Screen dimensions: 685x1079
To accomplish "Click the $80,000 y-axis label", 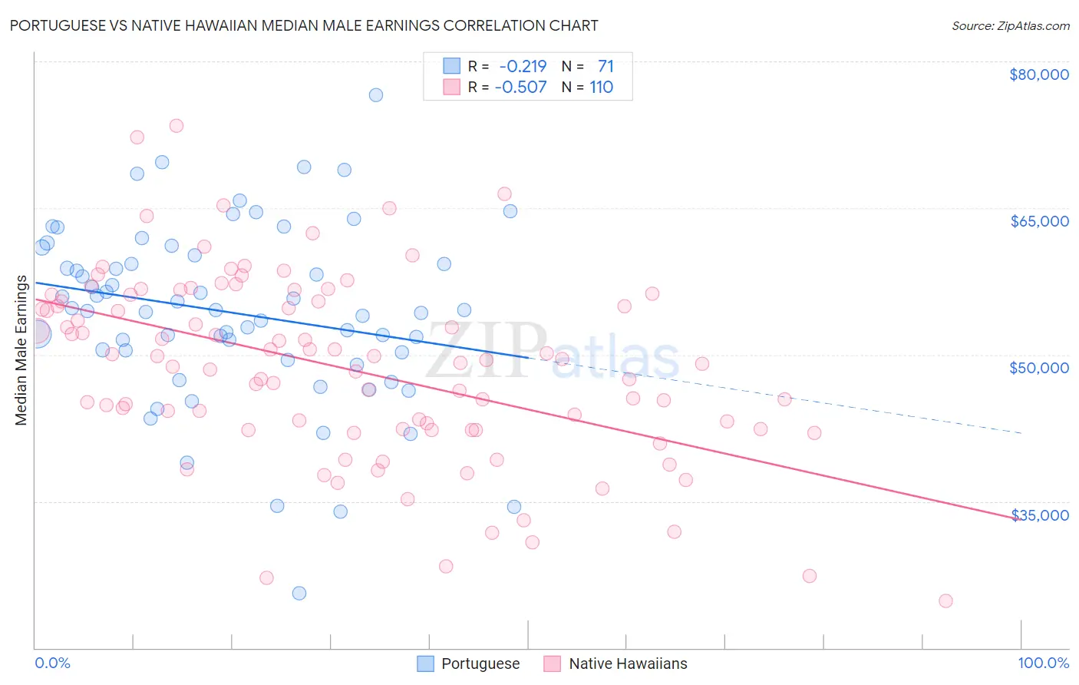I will tap(1038, 74).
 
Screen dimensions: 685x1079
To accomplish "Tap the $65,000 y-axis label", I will tap(1038, 221).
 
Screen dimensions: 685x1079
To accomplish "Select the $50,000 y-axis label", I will tap(1038, 368).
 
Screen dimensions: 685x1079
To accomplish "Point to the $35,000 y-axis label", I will tap(1038, 515).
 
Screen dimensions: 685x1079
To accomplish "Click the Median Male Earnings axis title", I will tap(21, 350).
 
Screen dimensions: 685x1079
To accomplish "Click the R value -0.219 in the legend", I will tap(522, 66).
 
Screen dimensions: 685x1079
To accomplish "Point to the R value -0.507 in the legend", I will tap(520, 88).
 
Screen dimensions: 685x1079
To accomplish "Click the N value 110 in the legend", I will tap(601, 88).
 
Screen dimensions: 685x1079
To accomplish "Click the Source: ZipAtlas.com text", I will tap(1010, 26).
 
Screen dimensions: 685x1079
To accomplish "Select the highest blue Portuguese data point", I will tap(376, 95).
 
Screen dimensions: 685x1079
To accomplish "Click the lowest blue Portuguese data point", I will tap(299, 593).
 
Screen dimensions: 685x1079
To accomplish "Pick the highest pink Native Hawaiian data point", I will tap(177, 126).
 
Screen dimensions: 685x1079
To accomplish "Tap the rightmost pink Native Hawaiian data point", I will tap(945, 601).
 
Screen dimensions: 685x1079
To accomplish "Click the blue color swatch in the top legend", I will tap(451, 66).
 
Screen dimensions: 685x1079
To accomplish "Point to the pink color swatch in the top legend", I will tap(451, 88).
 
